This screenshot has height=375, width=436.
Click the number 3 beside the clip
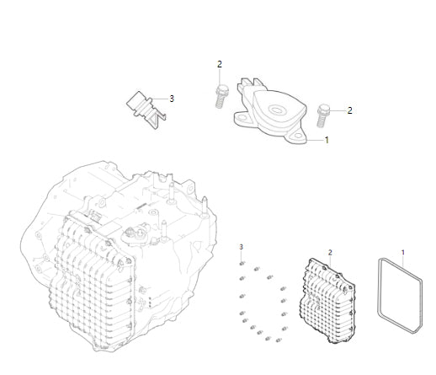coord(172,99)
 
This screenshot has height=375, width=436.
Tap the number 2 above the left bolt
coord(220,64)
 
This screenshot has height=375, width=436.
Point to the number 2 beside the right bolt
coord(349,110)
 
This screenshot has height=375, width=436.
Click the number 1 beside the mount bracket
coord(327,141)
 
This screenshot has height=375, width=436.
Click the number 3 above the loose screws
coord(242,246)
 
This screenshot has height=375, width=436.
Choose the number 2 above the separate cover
coord(330,252)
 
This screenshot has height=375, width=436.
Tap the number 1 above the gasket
coord(402,252)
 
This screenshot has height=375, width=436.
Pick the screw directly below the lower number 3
coord(242,265)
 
